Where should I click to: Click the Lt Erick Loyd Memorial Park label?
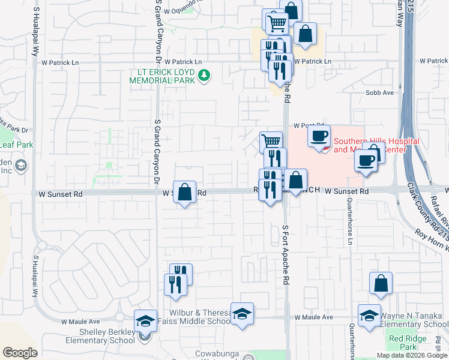(x=161, y=76)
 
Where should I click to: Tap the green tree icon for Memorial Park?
(x=205, y=76)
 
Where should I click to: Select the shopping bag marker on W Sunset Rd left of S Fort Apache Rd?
(x=185, y=192)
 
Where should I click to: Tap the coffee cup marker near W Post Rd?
(x=319, y=136)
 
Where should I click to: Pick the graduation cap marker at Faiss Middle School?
(x=242, y=314)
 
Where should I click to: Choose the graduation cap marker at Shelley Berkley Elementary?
(x=145, y=321)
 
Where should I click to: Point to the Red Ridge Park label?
(x=403, y=343)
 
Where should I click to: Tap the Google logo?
(x=20, y=353)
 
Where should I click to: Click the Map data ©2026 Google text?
(x=412, y=355)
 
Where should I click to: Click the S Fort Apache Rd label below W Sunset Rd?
(x=286, y=254)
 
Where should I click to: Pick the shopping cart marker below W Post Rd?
(x=271, y=142)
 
